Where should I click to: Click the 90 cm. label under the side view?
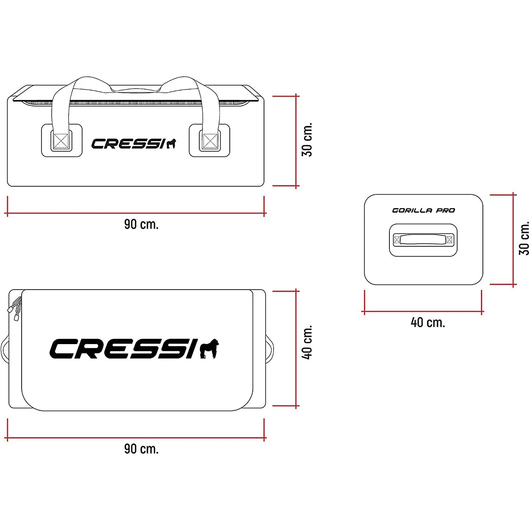click(x=141, y=224)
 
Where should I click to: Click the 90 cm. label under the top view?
click(x=141, y=449)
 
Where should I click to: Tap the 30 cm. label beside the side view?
click(x=307, y=140)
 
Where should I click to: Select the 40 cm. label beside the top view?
click(x=307, y=342)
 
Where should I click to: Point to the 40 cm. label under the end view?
click(x=428, y=322)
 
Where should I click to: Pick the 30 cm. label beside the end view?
click(x=524, y=238)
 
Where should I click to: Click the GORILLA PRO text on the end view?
click(x=423, y=210)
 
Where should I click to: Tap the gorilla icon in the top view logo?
click(x=209, y=349)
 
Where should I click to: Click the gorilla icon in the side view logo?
click(x=171, y=144)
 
